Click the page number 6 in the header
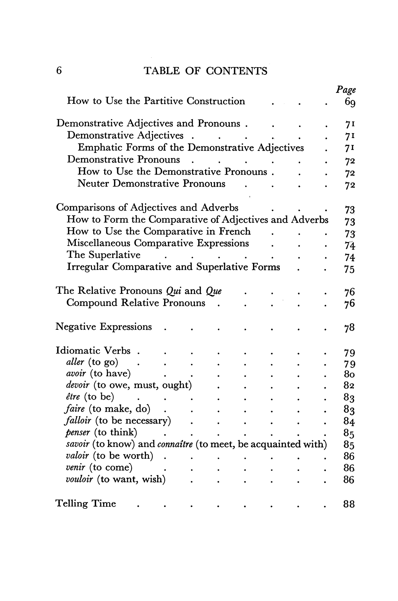click(x=59, y=70)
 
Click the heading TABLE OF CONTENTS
click(x=205, y=71)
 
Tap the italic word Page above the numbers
click(x=346, y=90)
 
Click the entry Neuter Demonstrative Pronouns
click(x=151, y=184)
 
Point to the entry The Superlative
click(x=103, y=255)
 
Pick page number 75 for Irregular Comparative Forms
click(x=349, y=269)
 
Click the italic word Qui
click(x=174, y=291)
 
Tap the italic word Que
click(x=214, y=291)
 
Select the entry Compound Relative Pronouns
click(x=136, y=303)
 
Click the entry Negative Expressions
click(x=103, y=327)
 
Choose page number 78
click(x=349, y=327)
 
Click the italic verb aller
click(x=75, y=362)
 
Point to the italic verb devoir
click(x=78, y=385)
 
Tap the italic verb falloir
click(x=78, y=420)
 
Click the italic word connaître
click(x=175, y=444)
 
